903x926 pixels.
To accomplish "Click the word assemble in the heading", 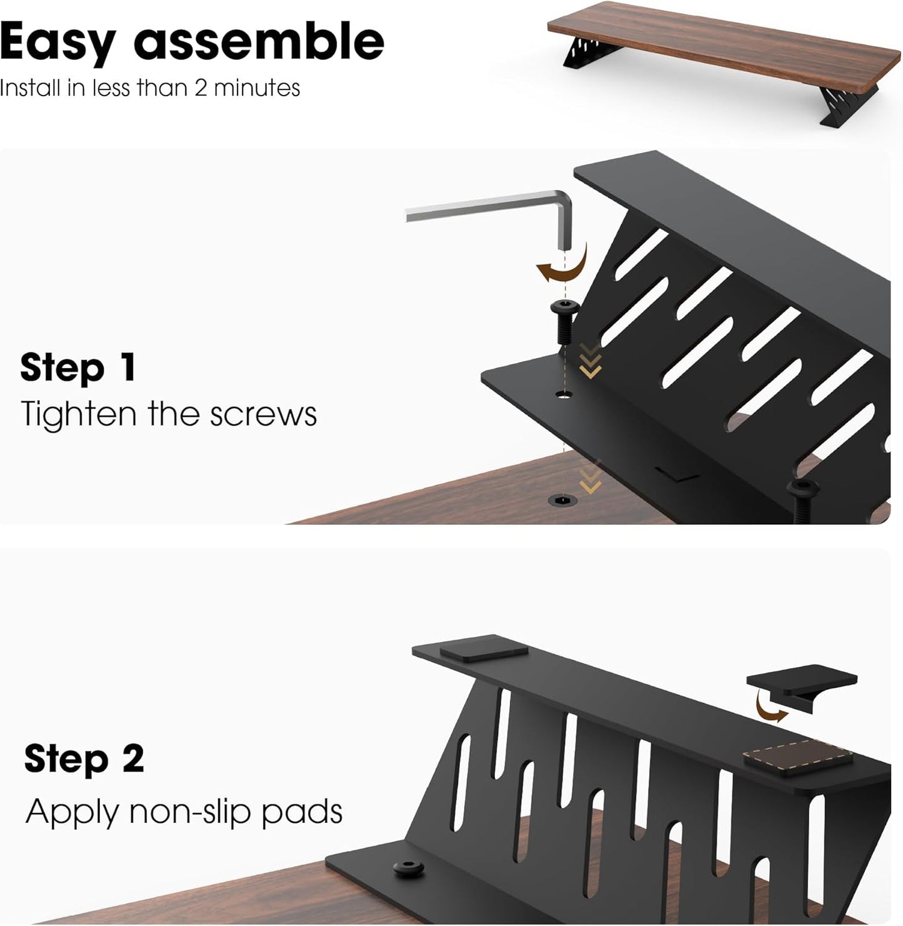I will [259, 41].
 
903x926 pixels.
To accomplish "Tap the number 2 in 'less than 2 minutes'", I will [201, 88].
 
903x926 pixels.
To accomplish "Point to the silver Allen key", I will [487, 210].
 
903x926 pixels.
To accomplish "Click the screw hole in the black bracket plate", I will [564, 395].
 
